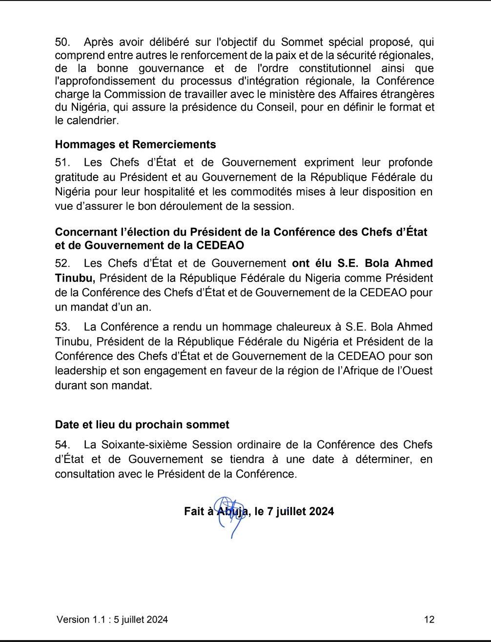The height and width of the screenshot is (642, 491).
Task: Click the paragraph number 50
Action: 62,42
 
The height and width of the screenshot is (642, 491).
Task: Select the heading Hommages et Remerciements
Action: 135,144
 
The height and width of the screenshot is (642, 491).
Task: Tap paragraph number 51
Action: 62,162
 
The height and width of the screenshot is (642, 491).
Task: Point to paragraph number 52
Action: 62,263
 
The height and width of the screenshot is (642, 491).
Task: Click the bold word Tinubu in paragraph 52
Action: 75,278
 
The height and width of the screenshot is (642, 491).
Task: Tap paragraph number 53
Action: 62,327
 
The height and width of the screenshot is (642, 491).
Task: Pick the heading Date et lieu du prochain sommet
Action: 142,424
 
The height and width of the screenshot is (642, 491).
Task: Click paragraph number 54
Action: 62,444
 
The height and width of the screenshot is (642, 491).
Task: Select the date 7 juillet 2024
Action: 300,511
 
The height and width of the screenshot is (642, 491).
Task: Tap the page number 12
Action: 429,620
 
